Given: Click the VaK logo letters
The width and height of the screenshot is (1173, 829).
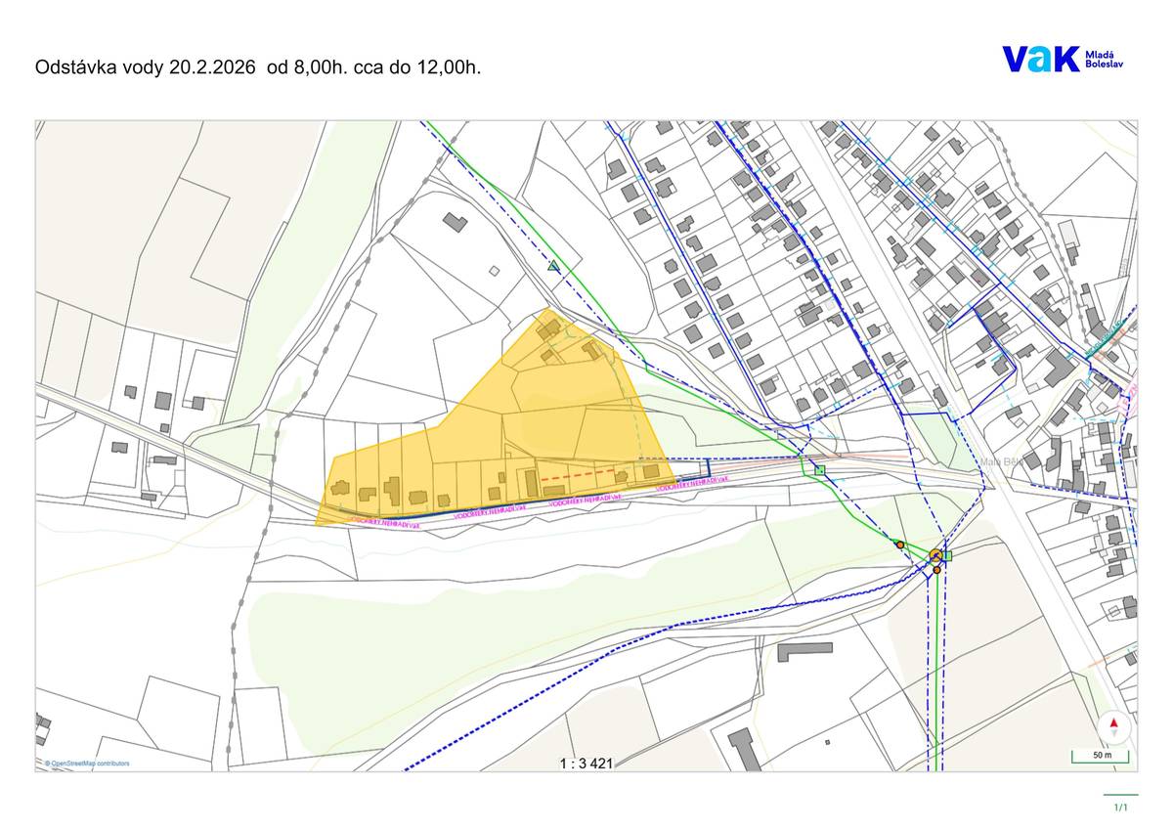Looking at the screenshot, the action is pos(1040,59).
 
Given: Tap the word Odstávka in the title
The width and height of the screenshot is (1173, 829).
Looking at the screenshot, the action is pos(74,67).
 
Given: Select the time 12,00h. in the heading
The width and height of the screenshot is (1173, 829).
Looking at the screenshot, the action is pos(449,67).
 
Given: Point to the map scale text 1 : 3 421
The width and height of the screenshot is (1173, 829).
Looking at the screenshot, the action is pos(586,764).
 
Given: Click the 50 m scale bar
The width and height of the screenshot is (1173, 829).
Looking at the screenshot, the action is pos(1100,757).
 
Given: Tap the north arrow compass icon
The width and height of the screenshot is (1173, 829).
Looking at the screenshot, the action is pos(1113,726).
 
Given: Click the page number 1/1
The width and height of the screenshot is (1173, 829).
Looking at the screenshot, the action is pos(1120,807).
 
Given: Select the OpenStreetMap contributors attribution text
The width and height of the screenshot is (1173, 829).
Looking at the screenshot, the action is pos(88,764).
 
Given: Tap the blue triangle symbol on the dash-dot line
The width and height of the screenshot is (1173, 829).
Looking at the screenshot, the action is pos(554,265).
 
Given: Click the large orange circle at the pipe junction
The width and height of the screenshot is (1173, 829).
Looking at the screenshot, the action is pos(935,555).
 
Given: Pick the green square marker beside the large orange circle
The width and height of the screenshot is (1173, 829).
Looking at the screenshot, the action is pos(946,555).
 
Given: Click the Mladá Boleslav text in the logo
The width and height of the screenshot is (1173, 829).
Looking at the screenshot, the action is pos(1105,60).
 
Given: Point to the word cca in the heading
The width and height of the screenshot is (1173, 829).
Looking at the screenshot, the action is pos(381,67).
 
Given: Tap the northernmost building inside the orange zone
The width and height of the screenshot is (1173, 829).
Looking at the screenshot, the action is pos(548,327).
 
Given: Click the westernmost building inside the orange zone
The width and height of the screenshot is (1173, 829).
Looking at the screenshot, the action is pos(341,488).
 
